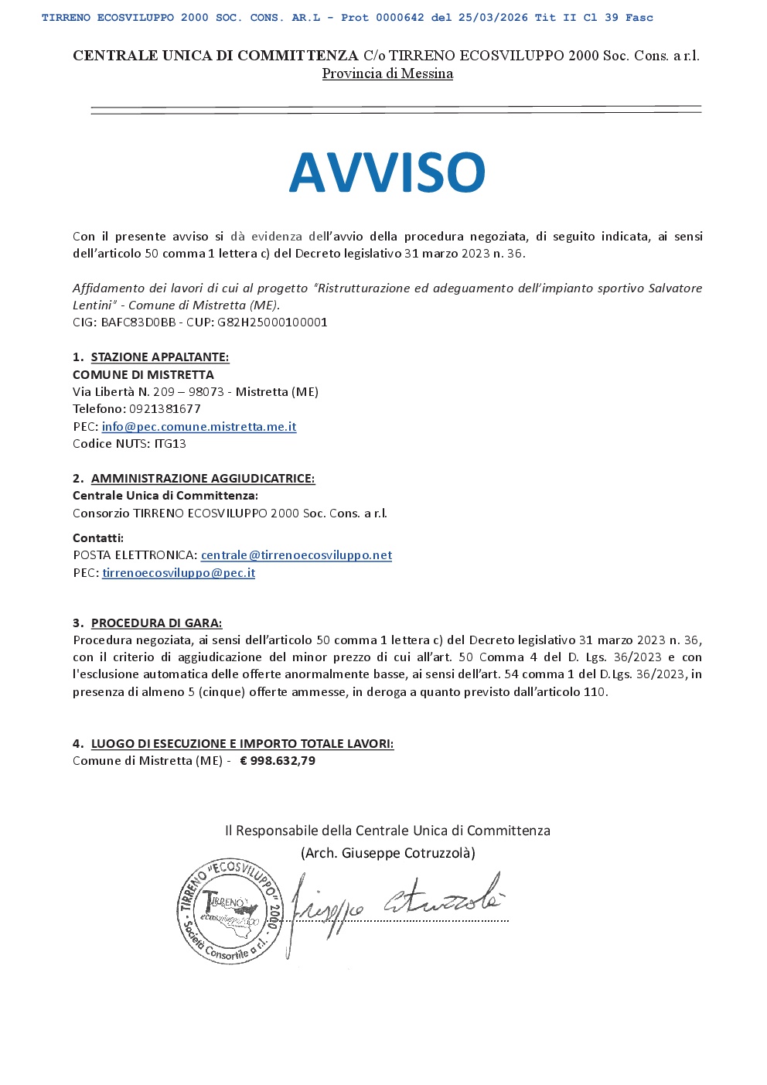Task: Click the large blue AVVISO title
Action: point(387,172)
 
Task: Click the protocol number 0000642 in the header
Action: point(400,18)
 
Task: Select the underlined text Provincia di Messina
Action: point(387,73)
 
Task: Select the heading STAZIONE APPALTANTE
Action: point(160,357)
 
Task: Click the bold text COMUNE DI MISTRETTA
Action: point(143,374)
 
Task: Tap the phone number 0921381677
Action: point(165,409)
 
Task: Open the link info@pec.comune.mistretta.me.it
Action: point(199,427)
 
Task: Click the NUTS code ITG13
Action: point(170,444)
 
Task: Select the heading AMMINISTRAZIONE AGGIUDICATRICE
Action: point(203,479)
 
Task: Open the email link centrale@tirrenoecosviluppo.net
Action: point(296,555)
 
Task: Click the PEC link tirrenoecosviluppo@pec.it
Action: point(179,573)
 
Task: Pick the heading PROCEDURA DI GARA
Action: point(156,623)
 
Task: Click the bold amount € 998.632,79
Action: point(278,761)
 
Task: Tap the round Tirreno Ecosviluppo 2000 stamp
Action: point(230,911)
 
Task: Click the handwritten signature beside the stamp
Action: point(394,905)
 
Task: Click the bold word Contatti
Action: point(98,538)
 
